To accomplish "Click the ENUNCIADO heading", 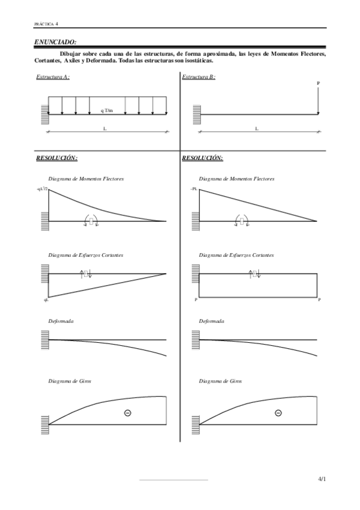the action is coord(55,42).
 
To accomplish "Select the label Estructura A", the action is coord(53,77).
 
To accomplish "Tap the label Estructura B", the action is coord(198,77).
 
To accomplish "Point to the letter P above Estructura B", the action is coord(318,84).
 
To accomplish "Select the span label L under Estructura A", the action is coord(106,128).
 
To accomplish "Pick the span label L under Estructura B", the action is coord(257,128).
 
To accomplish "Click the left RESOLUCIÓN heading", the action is coord(57,158).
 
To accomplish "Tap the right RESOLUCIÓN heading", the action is coord(203,158).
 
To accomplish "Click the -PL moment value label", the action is coord(194,189).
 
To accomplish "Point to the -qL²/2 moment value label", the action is coord(42,189).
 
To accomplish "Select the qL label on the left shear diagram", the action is coord(45,299).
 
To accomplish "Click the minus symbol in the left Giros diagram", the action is coord(127,413).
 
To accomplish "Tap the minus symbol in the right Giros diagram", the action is coord(278,413).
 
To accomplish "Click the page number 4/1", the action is coord(322,479).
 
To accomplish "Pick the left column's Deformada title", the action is coord(61,321).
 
